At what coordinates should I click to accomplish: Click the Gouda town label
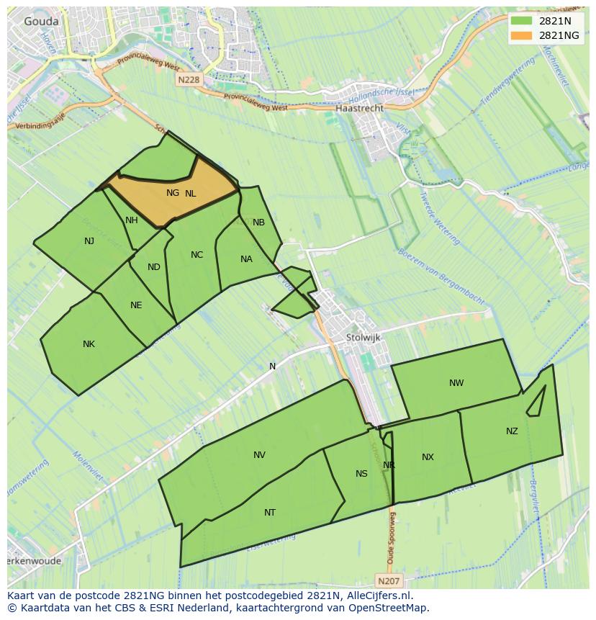[x=41, y=22]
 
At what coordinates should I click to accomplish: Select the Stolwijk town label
[x=363, y=337]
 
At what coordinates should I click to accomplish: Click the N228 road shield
[x=188, y=81]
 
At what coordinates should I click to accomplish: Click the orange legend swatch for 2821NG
[x=522, y=35]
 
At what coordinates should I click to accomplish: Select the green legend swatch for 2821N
[x=522, y=21]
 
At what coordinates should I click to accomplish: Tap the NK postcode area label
[x=89, y=344]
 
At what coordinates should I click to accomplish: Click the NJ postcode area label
[x=89, y=241]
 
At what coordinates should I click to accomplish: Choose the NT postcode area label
[x=270, y=513]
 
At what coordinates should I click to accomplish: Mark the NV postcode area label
[x=259, y=455]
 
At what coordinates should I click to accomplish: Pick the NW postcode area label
[x=456, y=383]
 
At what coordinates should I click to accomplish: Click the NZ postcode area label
[x=512, y=431]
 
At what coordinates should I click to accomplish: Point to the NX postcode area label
[x=428, y=457]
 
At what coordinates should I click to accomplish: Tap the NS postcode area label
[x=361, y=473]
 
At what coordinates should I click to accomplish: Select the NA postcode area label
[x=246, y=259]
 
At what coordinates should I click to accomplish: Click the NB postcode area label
[x=258, y=223]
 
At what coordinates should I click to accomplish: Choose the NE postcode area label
[x=136, y=305]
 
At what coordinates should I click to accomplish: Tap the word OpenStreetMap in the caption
[x=389, y=608]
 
